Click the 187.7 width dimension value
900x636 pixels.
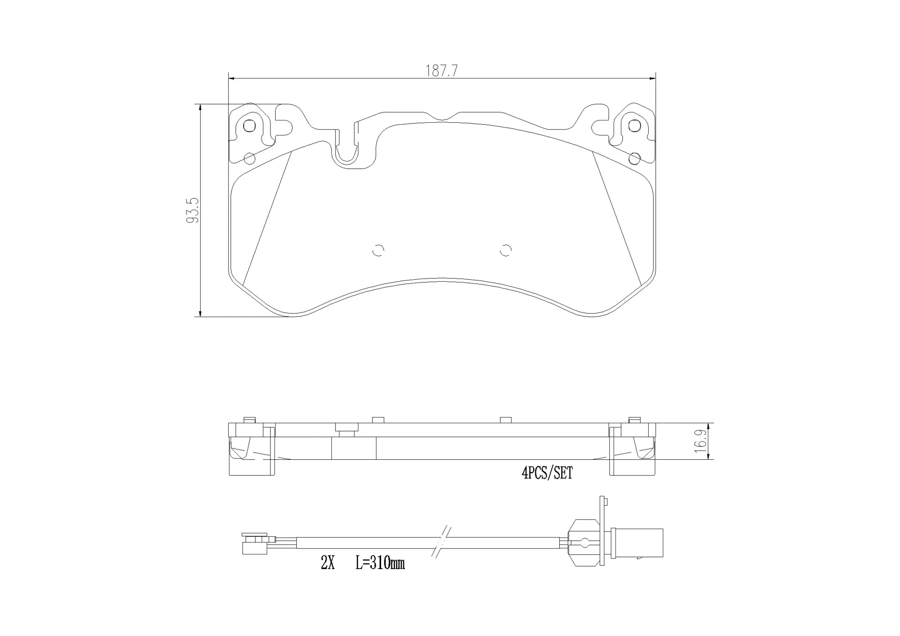(441, 71)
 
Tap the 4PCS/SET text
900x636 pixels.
(547, 473)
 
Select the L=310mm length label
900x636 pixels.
(380, 563)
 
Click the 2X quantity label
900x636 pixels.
(328, 563)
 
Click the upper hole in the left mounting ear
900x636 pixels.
(249, 126)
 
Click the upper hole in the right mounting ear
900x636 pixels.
(634, 126)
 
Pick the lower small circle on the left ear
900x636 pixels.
(250, 158)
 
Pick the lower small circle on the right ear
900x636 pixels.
(634, 158)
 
